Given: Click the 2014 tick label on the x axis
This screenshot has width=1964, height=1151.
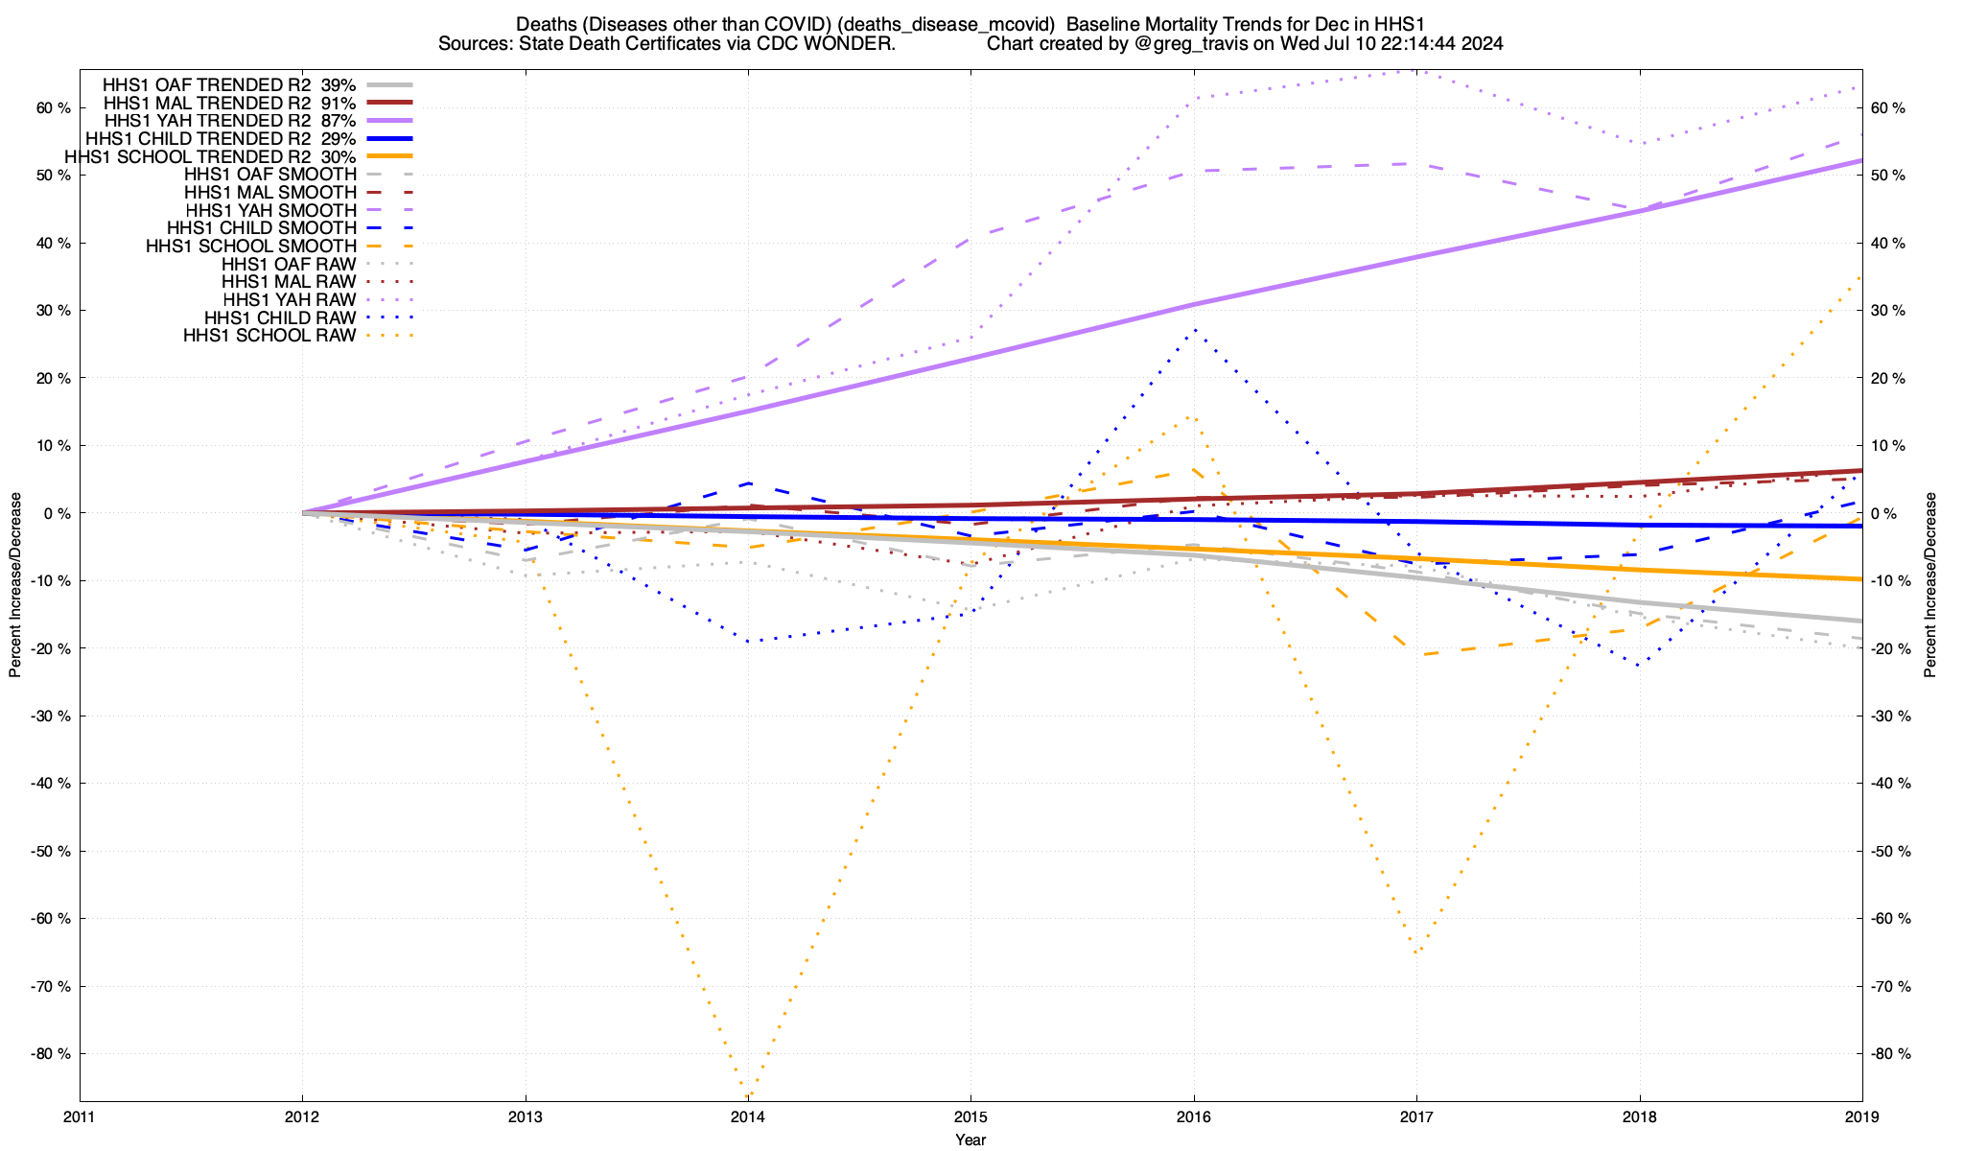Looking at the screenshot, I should (x=747, y=1116).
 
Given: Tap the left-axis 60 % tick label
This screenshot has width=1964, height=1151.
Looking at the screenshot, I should (x=54, y=108).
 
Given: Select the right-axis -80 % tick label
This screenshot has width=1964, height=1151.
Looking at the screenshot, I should (x=1889, y=1053).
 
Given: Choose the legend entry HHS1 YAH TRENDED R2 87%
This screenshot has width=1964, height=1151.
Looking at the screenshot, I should (x=229, y=121).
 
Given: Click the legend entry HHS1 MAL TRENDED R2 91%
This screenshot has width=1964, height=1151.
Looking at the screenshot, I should (x=229, y=103).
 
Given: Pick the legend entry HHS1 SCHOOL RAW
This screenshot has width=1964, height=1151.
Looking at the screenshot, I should (x=269, y=336).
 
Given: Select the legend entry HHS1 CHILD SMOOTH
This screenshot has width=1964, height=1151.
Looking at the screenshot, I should (x=261, y=228).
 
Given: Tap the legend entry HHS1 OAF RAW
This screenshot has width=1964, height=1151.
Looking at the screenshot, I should (x=288, y=264).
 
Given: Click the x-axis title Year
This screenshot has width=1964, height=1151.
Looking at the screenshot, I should (x=970, y=1139).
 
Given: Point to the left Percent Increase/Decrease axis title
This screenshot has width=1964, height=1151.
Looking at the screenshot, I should (x=15, y=585).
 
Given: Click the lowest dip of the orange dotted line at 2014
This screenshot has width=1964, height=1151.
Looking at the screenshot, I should (x=747, y=1095).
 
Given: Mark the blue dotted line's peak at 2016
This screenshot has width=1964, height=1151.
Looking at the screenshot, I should (x=1194, y=329).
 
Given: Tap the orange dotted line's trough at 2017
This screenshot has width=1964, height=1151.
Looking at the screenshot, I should (x=1416, y=953).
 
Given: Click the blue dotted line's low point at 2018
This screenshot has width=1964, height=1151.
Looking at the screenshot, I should (x=1639, y=666).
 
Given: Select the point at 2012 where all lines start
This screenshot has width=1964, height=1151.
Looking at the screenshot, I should (x=303, y=513).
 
